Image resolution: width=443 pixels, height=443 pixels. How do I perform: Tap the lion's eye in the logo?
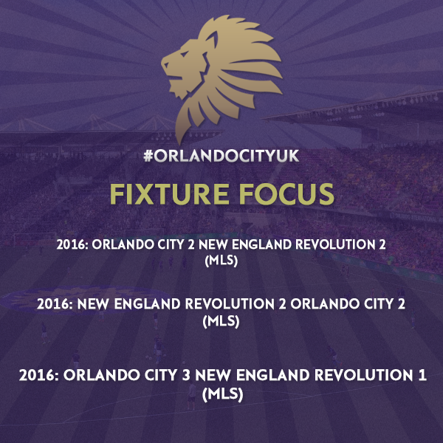[x=184, y=53]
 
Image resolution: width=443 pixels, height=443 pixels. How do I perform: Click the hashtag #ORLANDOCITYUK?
[x=221, y=156]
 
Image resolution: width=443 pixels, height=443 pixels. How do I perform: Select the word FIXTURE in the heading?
[x=169, y=193]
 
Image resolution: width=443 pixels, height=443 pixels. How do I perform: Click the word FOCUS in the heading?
[x=286, y=193]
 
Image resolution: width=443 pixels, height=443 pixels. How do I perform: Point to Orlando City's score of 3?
[x=186, y=376]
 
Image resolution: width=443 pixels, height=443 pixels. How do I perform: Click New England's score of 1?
[x=422, y=376]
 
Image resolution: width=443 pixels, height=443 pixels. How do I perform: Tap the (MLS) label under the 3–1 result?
[x=223, y=394]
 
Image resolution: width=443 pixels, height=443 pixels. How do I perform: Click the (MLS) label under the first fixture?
[x=221, y=261]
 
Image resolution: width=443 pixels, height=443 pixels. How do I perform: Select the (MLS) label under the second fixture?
[x=221, y=321]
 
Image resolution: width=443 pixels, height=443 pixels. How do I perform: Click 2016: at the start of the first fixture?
[x=72, y=244]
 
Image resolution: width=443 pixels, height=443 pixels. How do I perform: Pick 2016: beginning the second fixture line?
[x=55, y=304]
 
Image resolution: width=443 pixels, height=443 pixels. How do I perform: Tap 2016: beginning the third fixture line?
[x=39, y=376]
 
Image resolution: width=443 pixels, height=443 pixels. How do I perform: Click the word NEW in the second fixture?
[x=93, y=304]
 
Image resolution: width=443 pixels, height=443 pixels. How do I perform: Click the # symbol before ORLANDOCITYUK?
[x=148, y=156]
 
